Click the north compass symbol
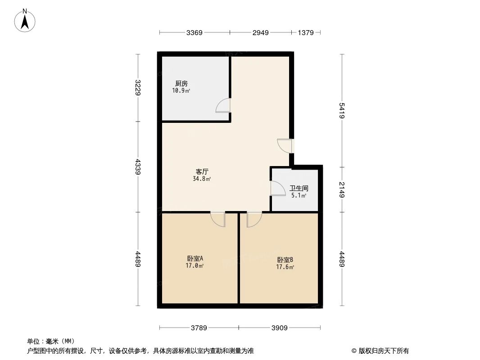click(x=25, y=20)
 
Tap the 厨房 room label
click(x=181, y=83)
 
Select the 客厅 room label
click(x=202, y=171)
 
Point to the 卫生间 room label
click(x=299, y=189)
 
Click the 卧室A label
click(x=195, y=259)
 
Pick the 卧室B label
click(x=285, y=260)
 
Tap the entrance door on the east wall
click(x=285, y=145)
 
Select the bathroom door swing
click(x=277, y=188)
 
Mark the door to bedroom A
click(x=218, y=219)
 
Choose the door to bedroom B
click(x=254, y=219)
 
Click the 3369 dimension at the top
click(x=195, y=32)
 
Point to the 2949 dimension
click(x=260, y=32)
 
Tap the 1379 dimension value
click(x=306, y=32)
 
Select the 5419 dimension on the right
click(x=342, y=110)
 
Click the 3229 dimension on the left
click(x=138, y=87)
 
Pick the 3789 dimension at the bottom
click(x=199, y=328)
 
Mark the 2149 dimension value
click(x=342, y=189)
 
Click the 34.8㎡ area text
click(x=202, y=179)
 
